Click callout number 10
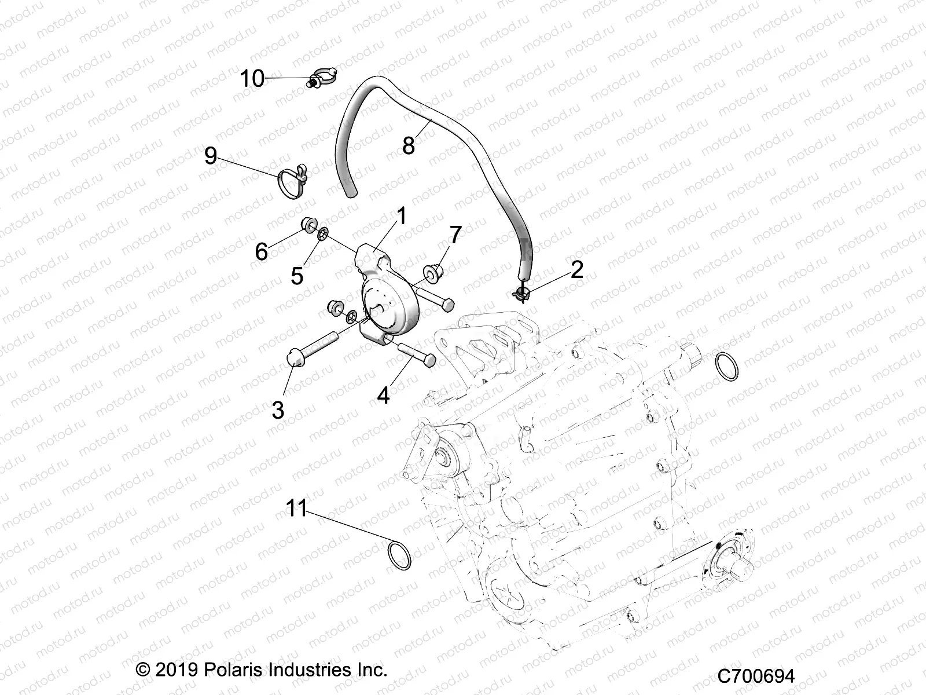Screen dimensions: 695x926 point(252,78)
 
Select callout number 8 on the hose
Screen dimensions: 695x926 point(409,145)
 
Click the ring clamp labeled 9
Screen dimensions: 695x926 point(291,178)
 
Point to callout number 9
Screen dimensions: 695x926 point(211,156)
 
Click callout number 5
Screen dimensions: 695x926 point(297,276)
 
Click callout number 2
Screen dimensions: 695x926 point(577,269)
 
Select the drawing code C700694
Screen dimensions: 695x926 point(756,676)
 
